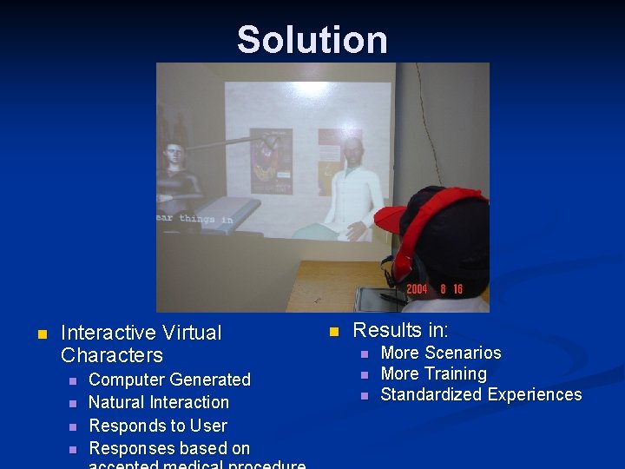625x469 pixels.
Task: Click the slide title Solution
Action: point(312,40)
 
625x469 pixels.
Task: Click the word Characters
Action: point(112,355)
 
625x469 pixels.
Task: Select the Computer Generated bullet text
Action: point(169,380)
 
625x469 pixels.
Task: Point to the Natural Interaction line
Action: point(159,402)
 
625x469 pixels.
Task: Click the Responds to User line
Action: point(158,426)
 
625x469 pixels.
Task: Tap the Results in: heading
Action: point(401,330)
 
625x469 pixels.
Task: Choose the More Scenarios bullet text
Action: point(441,353)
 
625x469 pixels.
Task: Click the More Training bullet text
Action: point(433,373)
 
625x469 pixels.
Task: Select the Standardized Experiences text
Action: point(481,394)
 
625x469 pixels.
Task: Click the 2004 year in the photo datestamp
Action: point(417,289)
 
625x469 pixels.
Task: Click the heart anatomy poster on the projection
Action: point(270,162)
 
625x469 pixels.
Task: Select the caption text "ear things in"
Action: point(194,219)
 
